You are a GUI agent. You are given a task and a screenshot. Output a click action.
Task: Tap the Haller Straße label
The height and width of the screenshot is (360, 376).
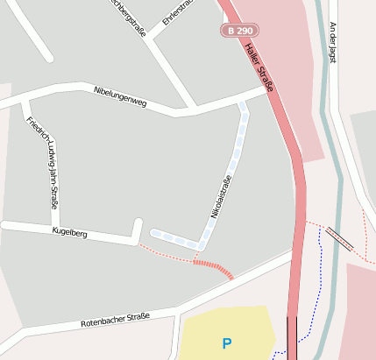pos(260,67)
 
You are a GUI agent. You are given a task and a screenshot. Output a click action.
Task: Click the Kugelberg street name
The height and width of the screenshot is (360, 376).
pos(69,232)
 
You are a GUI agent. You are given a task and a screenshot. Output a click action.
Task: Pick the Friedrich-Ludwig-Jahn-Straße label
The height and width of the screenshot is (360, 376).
pos(42,163)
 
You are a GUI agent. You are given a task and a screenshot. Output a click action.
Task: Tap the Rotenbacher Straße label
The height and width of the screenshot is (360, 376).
pos(114,320)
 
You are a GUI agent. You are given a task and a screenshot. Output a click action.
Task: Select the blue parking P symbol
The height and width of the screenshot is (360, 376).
pos(228,344)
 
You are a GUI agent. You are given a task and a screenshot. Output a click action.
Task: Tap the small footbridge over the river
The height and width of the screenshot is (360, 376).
pos(339,238)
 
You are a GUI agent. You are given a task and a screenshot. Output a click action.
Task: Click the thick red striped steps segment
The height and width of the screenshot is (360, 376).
pos(214,267)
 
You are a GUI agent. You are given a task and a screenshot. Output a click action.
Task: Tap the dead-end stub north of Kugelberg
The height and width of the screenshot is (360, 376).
pos(138,229)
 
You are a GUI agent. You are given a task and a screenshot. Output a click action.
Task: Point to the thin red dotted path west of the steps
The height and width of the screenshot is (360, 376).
pos(166,254)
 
